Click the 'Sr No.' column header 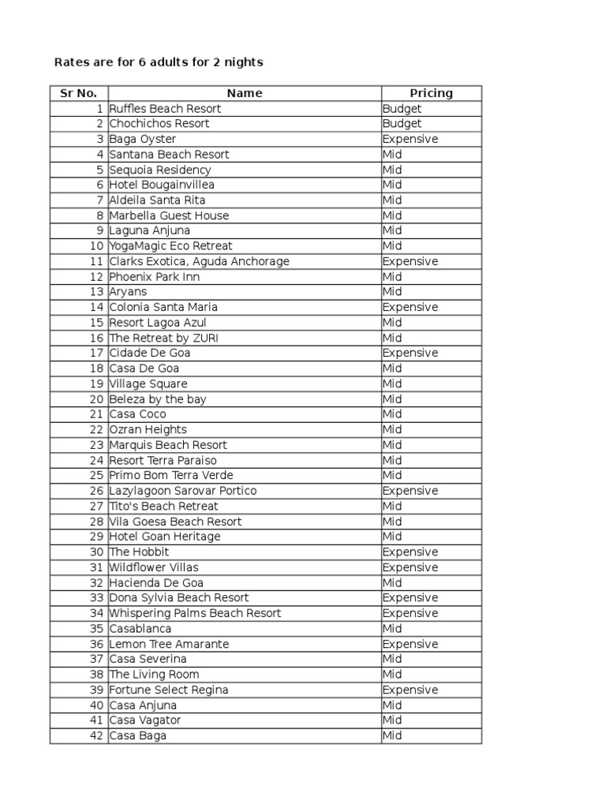pos(78,93)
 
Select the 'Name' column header pos(245,93)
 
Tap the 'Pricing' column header pos(431,93)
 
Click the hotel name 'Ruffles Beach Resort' pos(165,108)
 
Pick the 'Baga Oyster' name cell pos(143,139)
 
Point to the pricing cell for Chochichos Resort pos(402,124)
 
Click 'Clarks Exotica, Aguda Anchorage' pos(200,261)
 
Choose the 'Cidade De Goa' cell pos(150,353)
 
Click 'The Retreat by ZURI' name pos(164,338)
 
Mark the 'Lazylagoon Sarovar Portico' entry pos(183,491)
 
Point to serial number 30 pos(97,552)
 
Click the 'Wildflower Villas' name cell pos(154,567)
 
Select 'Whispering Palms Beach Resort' pos(195,613)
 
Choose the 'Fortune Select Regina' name pos(169,690)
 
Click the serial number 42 pos(97,735)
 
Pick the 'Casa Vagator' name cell pos(145,720)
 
